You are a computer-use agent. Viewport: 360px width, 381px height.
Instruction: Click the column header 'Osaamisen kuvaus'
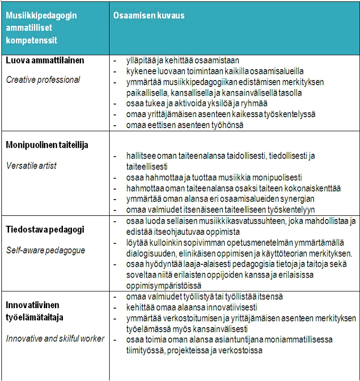(148, 16)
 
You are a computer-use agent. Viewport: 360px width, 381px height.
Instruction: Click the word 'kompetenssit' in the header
(31, 40)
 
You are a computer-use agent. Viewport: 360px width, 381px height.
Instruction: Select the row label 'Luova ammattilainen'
(45, 60)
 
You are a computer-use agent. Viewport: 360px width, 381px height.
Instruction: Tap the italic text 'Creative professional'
(43, 80)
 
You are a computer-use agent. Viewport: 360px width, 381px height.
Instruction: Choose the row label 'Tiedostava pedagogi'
(45, 229)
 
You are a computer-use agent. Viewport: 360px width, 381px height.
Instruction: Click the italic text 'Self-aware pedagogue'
(45, 250)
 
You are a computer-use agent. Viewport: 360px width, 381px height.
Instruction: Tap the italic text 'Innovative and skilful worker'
(55, 339)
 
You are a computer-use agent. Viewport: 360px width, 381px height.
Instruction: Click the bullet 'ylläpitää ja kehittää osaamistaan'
(183, 60)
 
